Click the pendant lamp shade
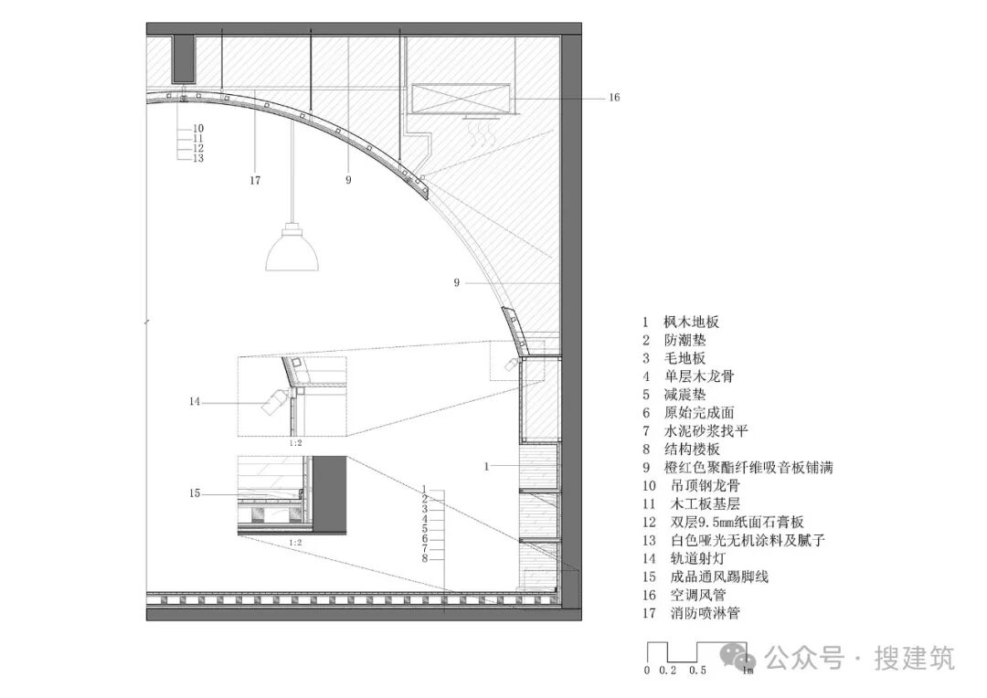[292, 248]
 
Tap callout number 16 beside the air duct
[613, 97]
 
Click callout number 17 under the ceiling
[255, 180]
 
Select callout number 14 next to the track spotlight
[194, 401]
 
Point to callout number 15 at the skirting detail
[194, 494]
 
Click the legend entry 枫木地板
[692, 322]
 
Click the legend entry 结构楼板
[692, 449]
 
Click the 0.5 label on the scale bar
[697, 671]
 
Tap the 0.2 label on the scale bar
[668, 671]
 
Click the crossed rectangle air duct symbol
[460, 99]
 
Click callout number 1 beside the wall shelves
[487, 466]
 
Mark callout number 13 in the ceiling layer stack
[198, 158]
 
